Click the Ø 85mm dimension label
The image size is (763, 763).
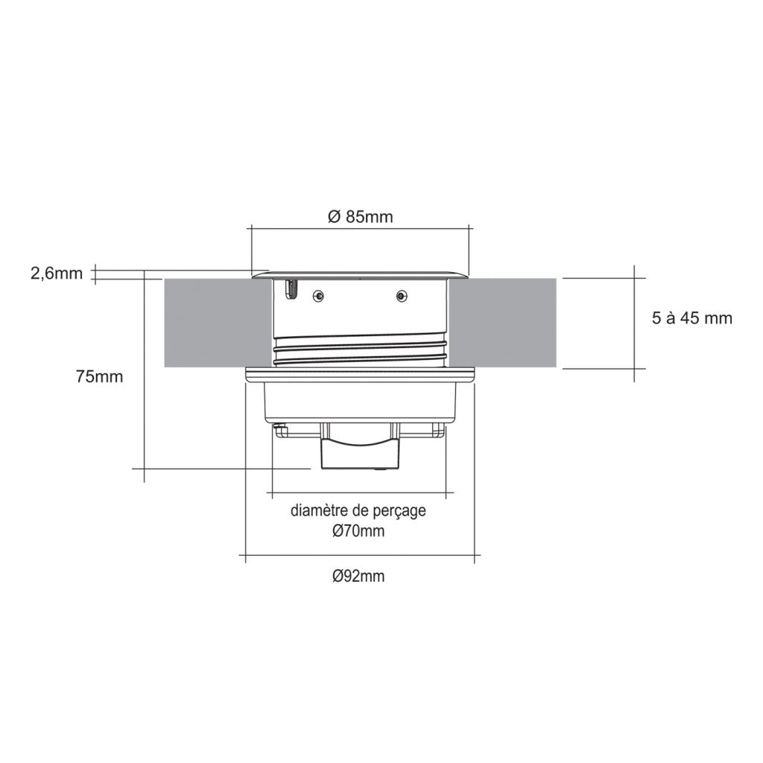coord(360,217)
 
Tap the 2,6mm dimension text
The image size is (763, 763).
coord(56,273)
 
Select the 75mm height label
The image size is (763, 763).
coord(99,376)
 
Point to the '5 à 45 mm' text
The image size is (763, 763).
coord(691,318)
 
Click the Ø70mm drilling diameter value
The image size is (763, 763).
coord(358,531)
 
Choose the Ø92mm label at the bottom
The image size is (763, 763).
coord(358,576)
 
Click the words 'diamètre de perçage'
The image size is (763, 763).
coord(358,512)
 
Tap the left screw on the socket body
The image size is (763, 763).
coord(318,295)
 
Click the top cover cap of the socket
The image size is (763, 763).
coord(360,273)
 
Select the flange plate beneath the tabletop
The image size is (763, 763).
coord(360,375)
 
